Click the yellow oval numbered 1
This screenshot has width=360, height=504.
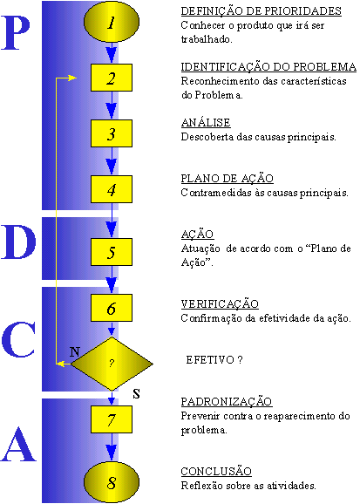tap(112, 22)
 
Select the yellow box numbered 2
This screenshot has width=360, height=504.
tap(112, 78)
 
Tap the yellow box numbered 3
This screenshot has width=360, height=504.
tap(112, 133)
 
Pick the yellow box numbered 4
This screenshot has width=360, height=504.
tap(112, 189)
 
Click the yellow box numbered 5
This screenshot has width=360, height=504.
tap(112, 252)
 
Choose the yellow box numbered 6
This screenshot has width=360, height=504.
tap(112, 308)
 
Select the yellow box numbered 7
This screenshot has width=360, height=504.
tap(112, 419)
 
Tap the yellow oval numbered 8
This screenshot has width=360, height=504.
tap(112, 482)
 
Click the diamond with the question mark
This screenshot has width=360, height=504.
tap(112, 364)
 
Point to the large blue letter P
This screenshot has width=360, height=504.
tap(16, 33)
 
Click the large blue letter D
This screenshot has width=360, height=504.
tap(18, 242)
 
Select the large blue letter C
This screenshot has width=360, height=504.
tap(18, 339)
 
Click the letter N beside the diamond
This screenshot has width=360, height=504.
tap(75, 352)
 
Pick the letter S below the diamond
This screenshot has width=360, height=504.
tap(137, 393)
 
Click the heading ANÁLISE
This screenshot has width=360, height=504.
tap(206, 123)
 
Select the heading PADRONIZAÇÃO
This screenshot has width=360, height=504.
tap(227, 401)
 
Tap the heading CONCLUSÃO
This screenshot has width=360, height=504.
tap(216, 472)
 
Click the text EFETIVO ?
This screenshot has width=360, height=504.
tap(214, 359)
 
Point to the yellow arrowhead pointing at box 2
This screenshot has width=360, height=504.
tap(72, 78)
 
